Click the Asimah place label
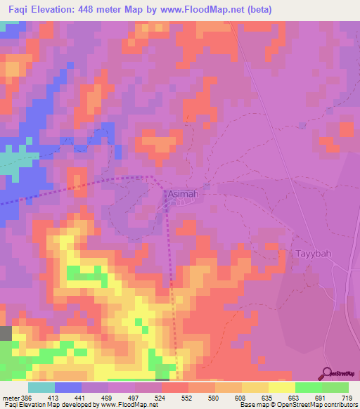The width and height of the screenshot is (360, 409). tap(180, 193)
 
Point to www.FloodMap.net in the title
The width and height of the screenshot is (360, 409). tap(212, 9)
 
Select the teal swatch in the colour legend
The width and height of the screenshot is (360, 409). tap(41, 388)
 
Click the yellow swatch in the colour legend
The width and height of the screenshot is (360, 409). tap(282, 388)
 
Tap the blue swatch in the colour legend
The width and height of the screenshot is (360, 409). tap(68, 388)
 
